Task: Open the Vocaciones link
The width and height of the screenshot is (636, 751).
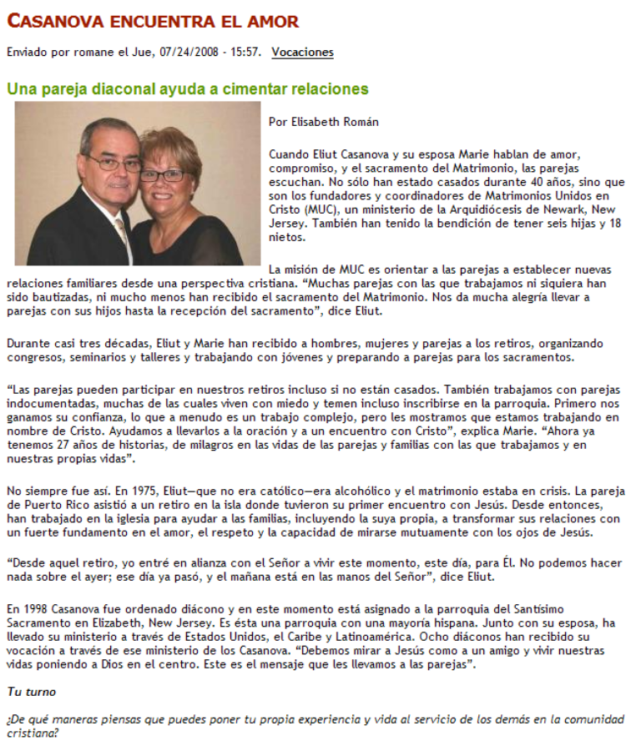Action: coord(302,53)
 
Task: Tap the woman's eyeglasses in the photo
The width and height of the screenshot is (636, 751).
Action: coord(164,175)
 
